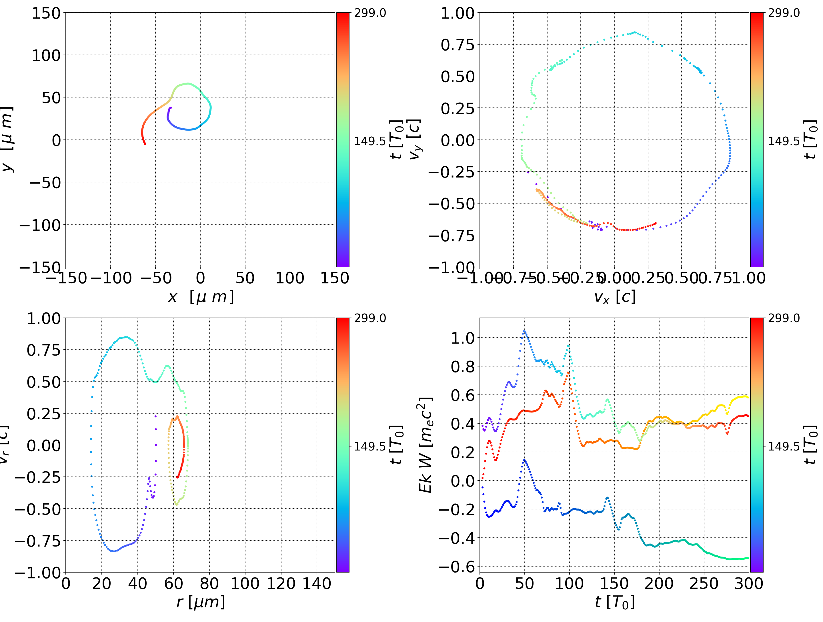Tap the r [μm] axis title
[x=201, y=602]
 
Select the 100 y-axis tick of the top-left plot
[x=46, y=55]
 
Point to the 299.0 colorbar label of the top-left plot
[x=370, y=13]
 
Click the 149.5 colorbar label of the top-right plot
[x=784, y=141]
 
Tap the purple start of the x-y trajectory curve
[x=170, y=108]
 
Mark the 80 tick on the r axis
[x=209, y=584]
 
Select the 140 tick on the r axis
[x=317, y=584]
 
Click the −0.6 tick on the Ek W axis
[x=457, y=567]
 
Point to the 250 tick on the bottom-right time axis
[x=704, y=584]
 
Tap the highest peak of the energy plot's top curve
[x=524, y=331]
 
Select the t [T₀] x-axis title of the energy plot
[x=614, y=602]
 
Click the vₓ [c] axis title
[x=614, y=297]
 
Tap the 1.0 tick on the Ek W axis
[x=462, y=338]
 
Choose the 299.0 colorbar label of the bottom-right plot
[x=784, y=318]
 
